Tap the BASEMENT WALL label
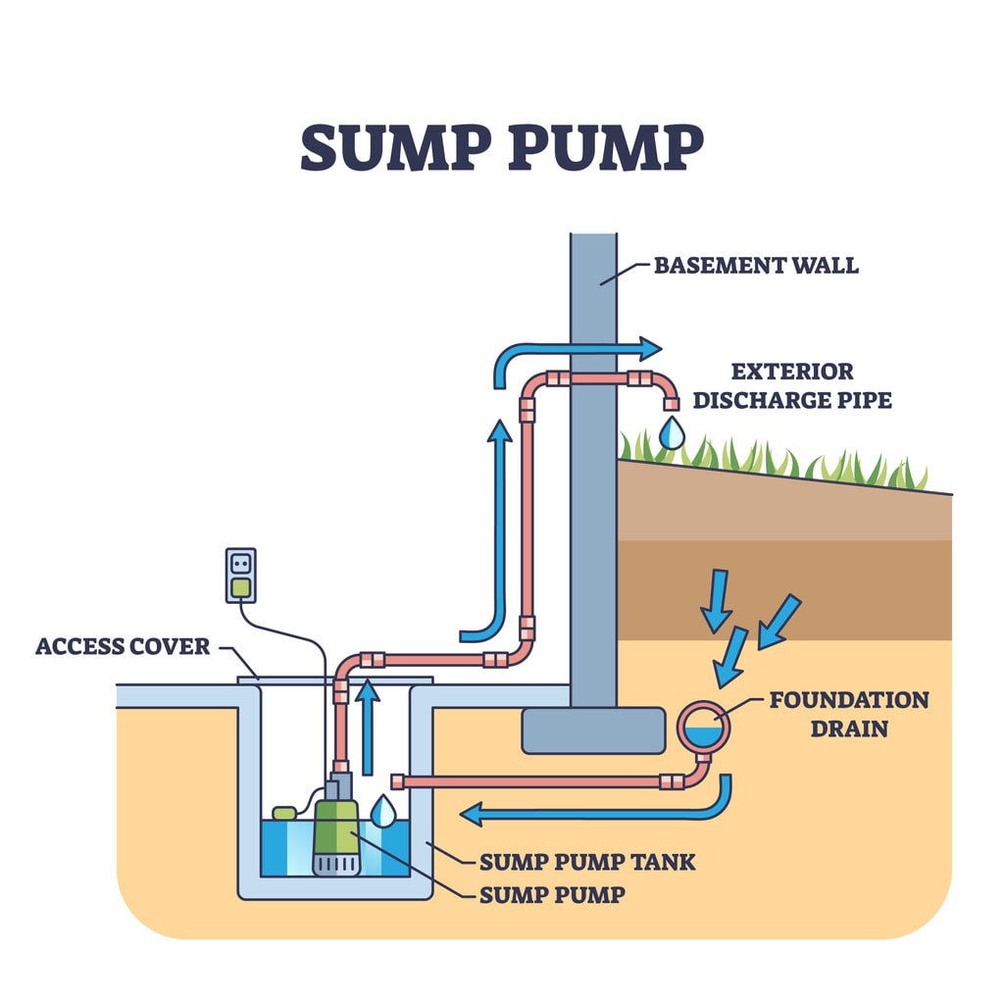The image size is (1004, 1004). pos(755,265)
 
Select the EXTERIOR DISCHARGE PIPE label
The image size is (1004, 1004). pos(792,386)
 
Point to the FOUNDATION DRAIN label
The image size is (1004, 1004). pos(848,714)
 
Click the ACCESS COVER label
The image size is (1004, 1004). pos(123,646)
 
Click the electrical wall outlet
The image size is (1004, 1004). pos(240,575)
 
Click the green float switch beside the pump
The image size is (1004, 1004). pos(284,813)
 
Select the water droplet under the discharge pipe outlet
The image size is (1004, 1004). pos(672,432)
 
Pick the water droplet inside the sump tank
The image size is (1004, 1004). pos(383,810)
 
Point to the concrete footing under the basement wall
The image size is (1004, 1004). pos(592,730)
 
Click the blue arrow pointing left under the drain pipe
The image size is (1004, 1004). pos(588,813)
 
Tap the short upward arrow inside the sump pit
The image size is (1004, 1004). pos(367,726)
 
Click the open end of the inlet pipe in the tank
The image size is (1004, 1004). pos(398,781)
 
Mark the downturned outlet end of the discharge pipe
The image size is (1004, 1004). pos(671,402)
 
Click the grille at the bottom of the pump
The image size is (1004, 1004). pos(336,864)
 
